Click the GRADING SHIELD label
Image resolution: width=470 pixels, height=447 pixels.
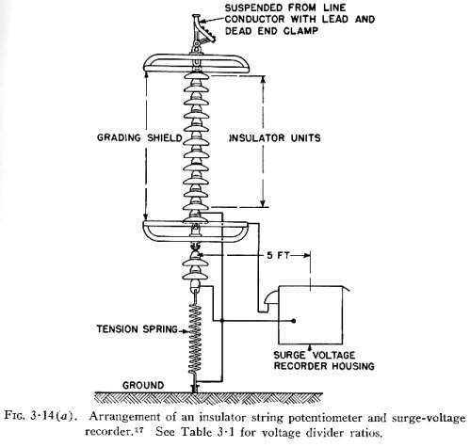point(139,137)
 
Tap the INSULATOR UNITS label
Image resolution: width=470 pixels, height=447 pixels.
point(275,138)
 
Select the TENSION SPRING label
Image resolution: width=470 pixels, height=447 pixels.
point(138,329)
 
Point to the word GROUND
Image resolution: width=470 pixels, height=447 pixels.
point(143,385)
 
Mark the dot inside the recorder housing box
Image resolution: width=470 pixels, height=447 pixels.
point(294,321)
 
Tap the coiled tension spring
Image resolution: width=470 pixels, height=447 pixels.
point(195,339)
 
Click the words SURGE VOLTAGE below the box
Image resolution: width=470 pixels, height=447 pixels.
point(315,355)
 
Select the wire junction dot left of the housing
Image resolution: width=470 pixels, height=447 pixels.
point(222,321)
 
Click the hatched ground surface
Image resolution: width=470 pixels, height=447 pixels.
point(209,398)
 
